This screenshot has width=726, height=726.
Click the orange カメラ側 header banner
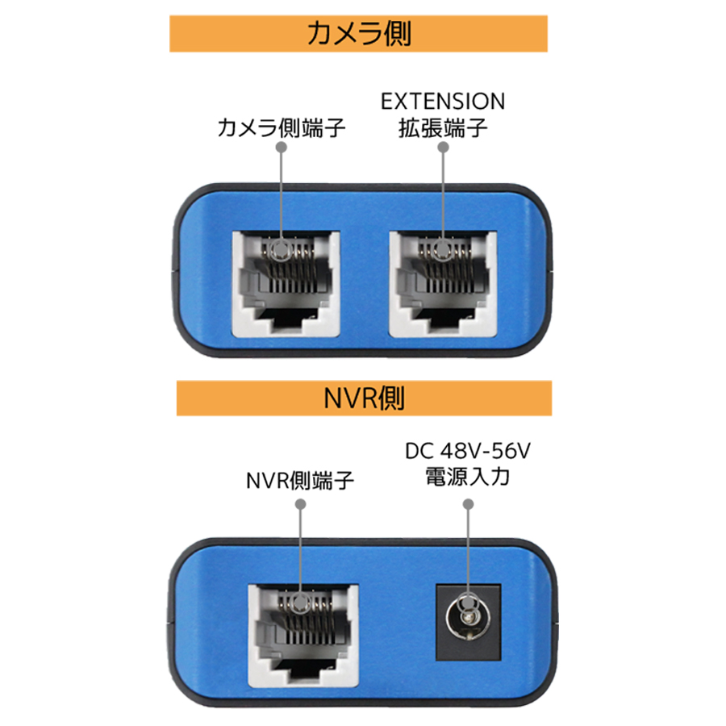[x=358, y=33]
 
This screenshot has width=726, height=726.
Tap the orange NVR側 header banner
[x=364, y=398]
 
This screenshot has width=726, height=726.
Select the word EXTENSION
[x=443, y=102]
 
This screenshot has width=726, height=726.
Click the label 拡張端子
[x=443, y=127]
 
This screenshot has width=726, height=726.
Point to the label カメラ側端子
[x=281, y=127]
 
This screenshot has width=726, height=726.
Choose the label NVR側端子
[x=300, y=481]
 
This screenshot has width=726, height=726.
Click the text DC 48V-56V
[x=468, y=451]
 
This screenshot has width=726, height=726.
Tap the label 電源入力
[x=468, y=477]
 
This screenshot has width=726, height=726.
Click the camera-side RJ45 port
[x=286, y=284]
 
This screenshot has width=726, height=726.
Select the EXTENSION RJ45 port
[x=443, y=284]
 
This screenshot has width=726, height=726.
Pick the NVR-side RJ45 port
[x=304, y=636]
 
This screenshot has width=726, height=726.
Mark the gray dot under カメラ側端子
[x=281, y=147]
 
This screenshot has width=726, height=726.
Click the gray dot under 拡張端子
[x=443, y=147]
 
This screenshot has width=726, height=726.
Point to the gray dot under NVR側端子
[x=301, y=503]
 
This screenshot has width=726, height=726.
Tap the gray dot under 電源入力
[x=468, y=503]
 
